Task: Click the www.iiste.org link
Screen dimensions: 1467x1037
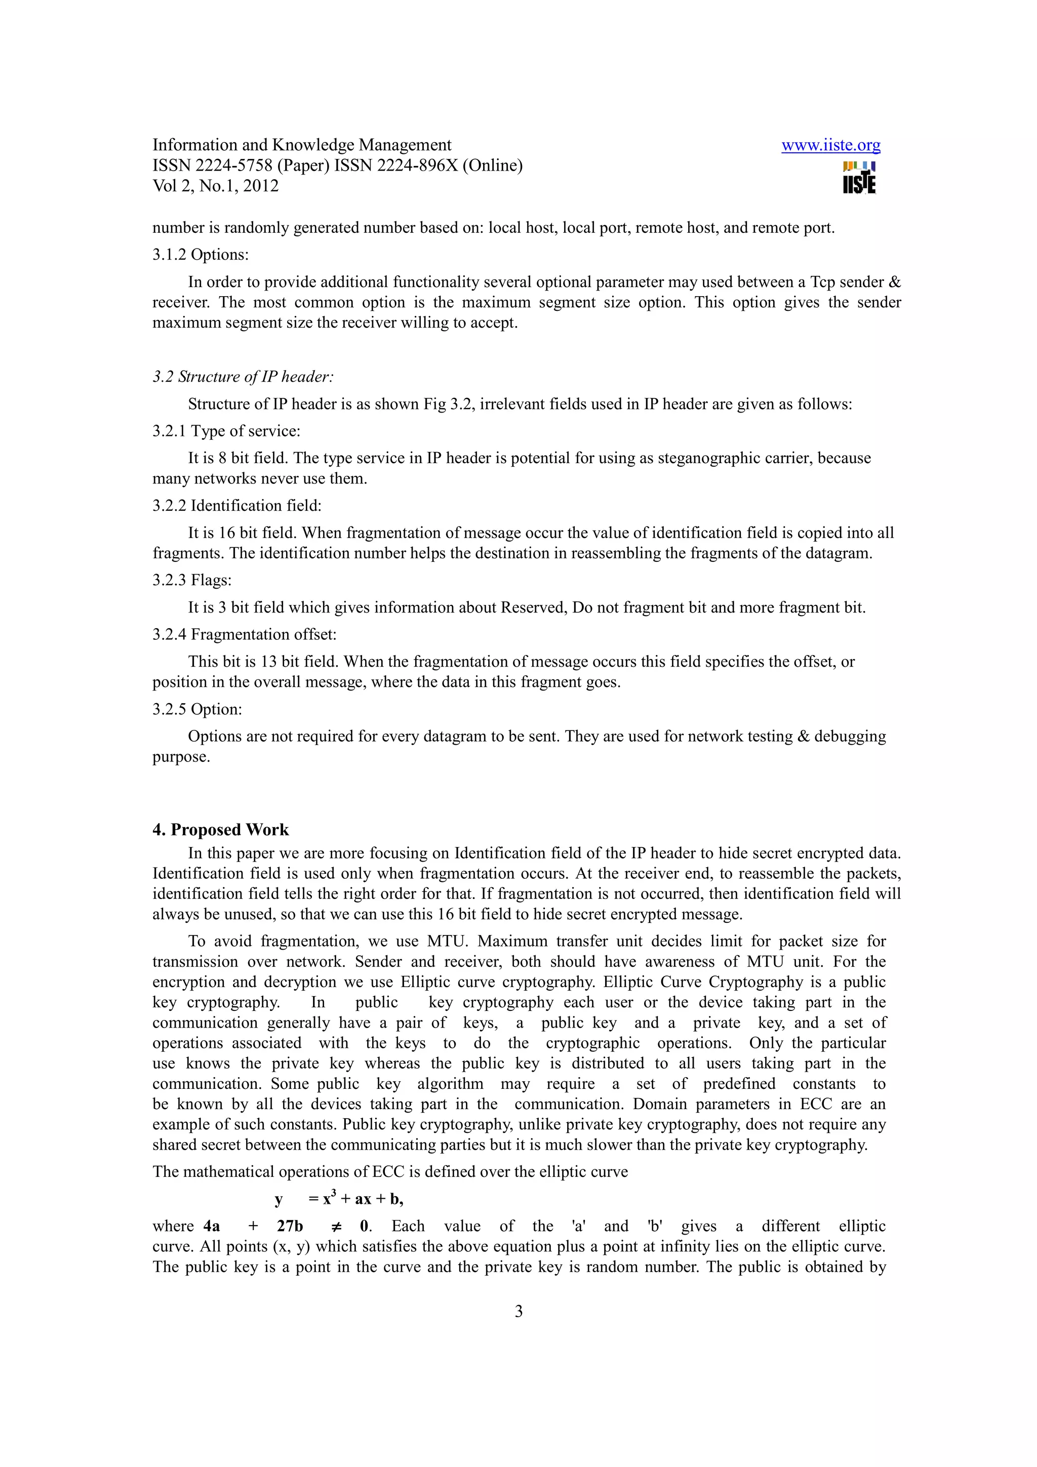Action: (x=830, y=146)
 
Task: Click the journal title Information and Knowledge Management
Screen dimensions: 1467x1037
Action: (x=302, y=145)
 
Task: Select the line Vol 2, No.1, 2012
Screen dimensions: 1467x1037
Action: (x=215, y=186)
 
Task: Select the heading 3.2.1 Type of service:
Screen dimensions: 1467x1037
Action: (x=226, y=431)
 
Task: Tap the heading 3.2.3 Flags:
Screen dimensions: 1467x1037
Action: (x=192, y=580)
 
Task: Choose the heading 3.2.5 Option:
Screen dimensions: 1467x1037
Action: (x=197, y=709)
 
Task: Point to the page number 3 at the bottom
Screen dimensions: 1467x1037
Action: (x=518, y=1311)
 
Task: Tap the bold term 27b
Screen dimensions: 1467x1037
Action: (x=290, y=1226)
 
